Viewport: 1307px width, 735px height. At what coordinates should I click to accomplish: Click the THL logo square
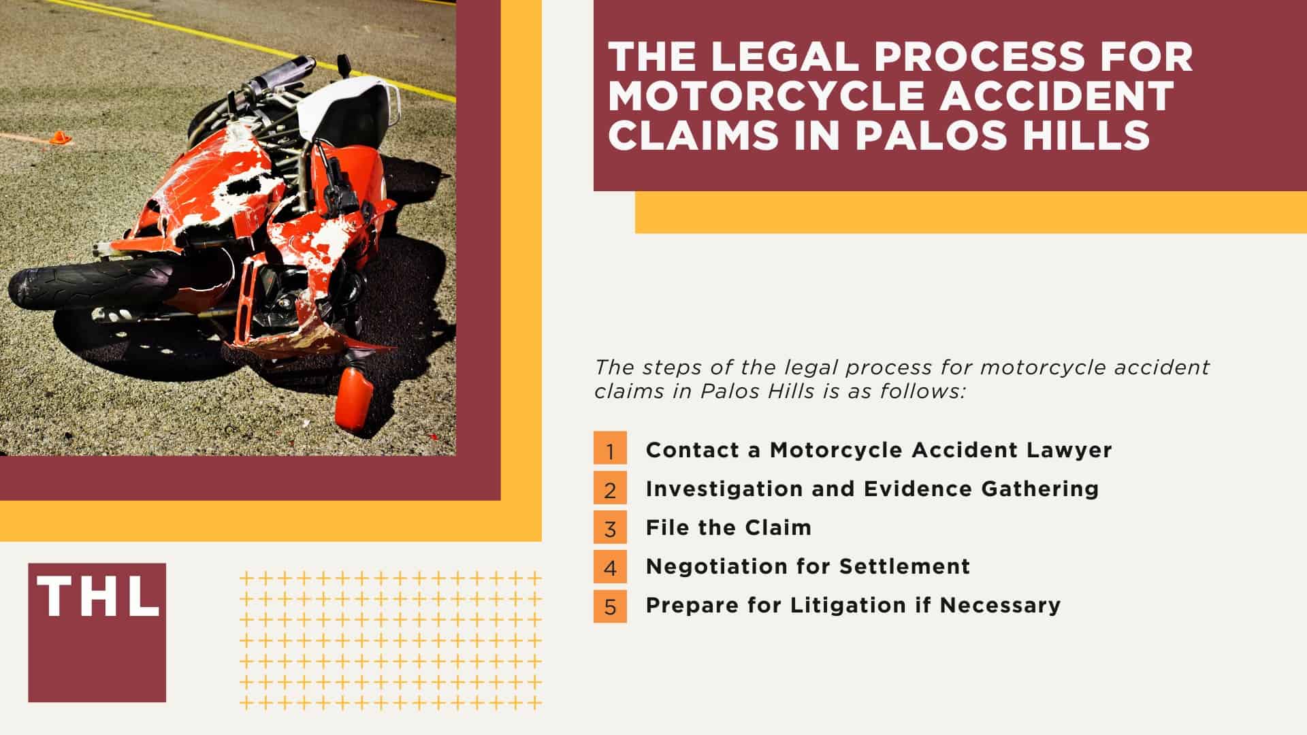(97, 632)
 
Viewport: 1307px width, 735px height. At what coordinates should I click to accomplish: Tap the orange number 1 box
(610, 448)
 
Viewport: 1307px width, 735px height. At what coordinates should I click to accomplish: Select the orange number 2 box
(610, 487)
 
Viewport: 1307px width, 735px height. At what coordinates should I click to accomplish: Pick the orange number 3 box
(610, 527)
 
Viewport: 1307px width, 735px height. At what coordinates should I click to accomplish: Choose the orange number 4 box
(610, 566)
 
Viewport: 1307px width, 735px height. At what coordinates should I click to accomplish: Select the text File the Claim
(728, 527)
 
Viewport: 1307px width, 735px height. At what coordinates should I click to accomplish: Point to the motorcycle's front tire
(88, 282)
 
